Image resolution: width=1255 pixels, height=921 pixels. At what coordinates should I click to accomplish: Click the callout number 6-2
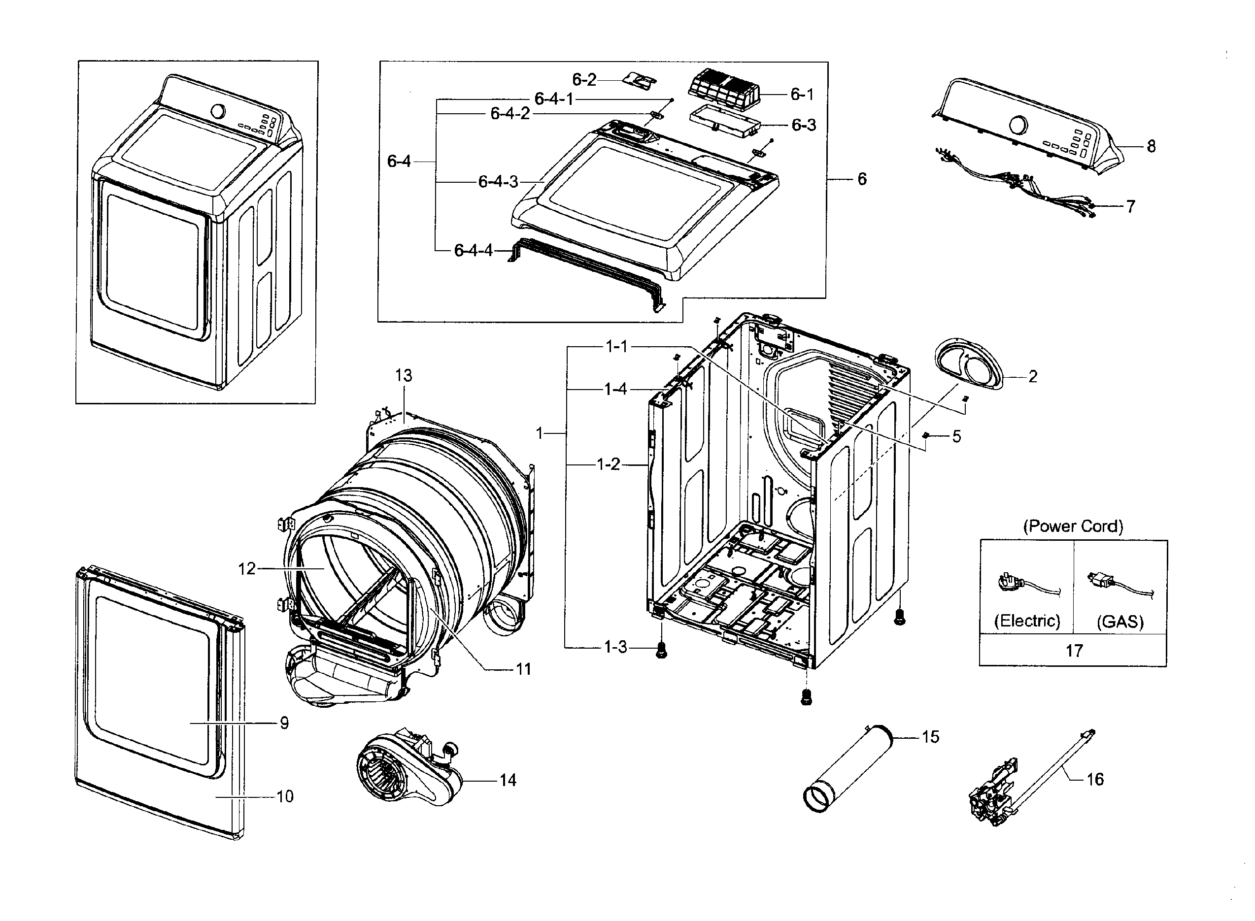(x=583, y=80)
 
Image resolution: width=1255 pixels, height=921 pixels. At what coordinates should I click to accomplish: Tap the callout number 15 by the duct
(x=930, y=736)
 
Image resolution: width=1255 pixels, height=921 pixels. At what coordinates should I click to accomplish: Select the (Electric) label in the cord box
(x=1026, y=621)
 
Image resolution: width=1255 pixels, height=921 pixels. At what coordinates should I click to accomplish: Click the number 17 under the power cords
(x=1074, y=650)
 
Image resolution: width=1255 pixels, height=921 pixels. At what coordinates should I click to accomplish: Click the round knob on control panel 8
(x=1018, y=125)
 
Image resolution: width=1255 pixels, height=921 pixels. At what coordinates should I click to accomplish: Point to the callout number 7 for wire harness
(x=1130, y=206)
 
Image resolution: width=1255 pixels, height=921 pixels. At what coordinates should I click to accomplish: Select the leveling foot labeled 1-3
(x=661, y=650)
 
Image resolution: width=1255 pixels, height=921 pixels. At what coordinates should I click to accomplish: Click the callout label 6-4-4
(x=473, y=250)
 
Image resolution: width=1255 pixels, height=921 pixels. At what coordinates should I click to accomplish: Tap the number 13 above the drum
(x=403, y=375)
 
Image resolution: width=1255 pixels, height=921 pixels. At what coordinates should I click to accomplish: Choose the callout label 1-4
(x=615, y=389)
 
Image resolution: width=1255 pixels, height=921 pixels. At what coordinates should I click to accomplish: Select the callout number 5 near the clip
(x=956, y=436)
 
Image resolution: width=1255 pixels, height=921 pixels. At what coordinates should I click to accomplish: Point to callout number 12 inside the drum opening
(x=246, y=569)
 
